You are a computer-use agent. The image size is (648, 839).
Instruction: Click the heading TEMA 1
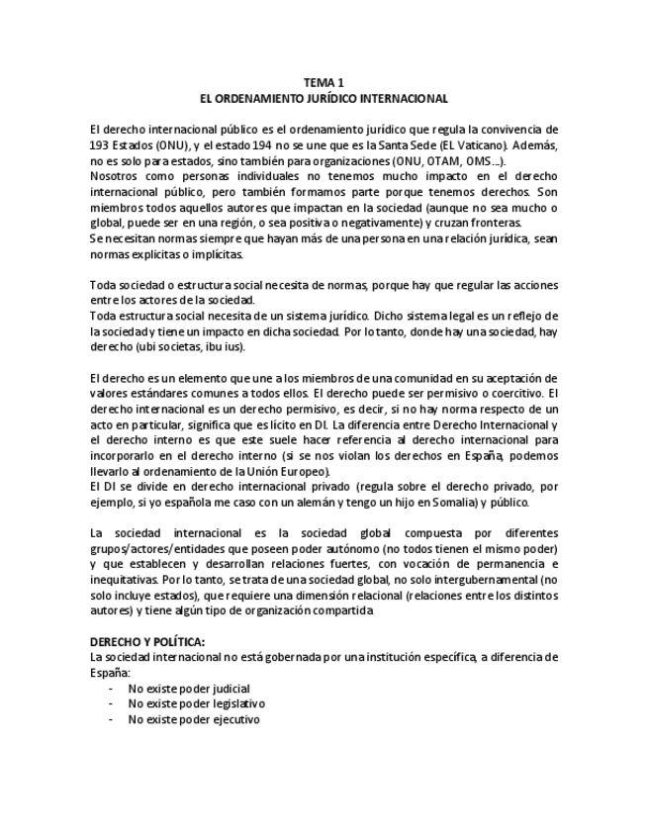[324, 83]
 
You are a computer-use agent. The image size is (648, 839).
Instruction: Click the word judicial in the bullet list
[229, 688]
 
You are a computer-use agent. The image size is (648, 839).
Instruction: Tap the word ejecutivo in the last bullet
[233, 719]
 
